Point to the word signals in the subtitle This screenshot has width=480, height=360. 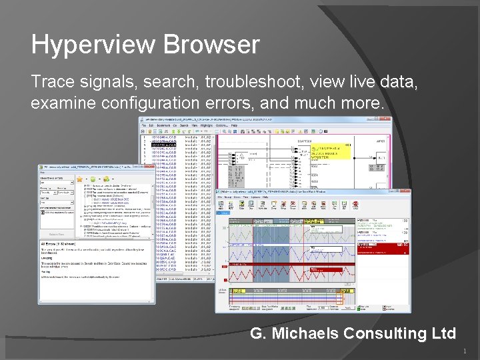click(x=109, y=82)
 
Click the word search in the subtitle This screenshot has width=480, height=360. click(x=174, y=82)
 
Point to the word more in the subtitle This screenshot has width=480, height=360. click(x=359, y=104)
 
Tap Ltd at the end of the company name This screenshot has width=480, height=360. click(x=443, y=333)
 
